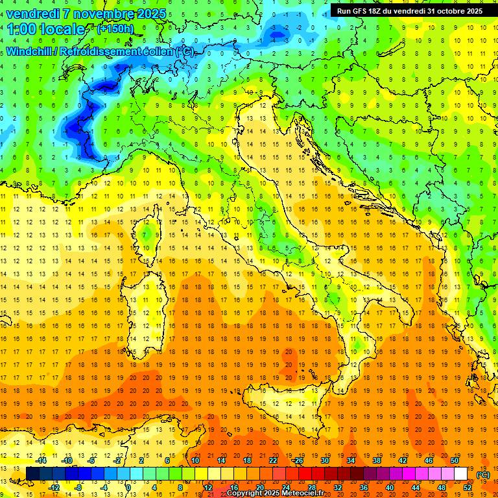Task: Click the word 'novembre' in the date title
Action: click(x=99, y=14)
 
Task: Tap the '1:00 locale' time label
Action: click(x=46, y=29)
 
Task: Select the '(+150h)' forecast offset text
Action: click(x=115, y=29)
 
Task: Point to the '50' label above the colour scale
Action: click(x=455, y=460)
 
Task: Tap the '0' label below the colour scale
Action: click(x=128, y=487)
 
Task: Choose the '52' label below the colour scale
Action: click(x=468, y=487)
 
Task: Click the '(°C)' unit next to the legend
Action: click(x=482, y=475)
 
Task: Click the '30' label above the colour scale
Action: click(x=325, y=460)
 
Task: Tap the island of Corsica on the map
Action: click(x=148, y=237)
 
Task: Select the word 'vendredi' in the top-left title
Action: click(x=32, y=14)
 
